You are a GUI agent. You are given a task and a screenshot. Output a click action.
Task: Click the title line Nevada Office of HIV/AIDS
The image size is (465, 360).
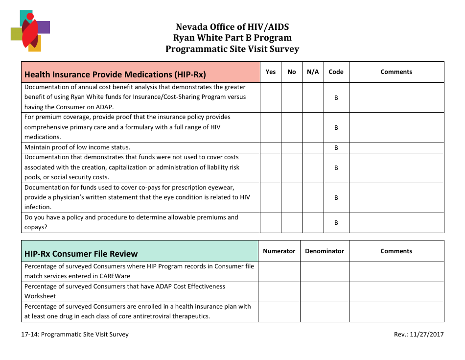point(232,27)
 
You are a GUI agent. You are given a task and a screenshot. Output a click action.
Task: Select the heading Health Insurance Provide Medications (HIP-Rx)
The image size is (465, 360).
point(115,74)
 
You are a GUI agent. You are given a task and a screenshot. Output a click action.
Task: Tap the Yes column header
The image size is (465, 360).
point(271,72)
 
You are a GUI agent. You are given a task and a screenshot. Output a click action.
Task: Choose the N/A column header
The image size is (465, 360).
point(313,72)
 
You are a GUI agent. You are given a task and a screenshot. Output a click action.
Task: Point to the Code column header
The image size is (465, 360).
point(336,72)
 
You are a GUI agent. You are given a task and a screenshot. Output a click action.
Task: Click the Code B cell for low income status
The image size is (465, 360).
point(336,147)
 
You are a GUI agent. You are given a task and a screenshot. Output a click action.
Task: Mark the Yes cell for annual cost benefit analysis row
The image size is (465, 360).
point(271,97)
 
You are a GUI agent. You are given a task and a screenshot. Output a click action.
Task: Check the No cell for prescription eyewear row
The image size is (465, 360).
point(292,198)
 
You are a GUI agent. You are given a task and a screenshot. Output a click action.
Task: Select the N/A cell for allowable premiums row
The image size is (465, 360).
point(313,222)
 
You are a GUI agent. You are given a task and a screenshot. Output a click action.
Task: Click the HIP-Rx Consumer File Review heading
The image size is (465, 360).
point(81,254)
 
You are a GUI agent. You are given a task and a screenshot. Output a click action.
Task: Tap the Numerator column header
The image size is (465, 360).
point(279,251)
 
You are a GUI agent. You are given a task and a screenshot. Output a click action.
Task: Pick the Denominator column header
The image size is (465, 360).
point(325,251)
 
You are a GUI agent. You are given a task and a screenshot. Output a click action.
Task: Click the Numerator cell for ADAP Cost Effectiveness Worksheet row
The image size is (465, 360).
point(279,291)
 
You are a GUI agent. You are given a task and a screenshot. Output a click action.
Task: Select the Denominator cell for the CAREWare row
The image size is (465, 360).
point(325,271)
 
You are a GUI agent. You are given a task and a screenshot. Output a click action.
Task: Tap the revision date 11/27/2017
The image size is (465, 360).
point(429,335)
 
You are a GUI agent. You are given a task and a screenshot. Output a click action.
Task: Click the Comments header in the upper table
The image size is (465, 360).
point(396,72)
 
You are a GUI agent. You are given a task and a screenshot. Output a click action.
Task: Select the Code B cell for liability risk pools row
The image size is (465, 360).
point(336,168)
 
